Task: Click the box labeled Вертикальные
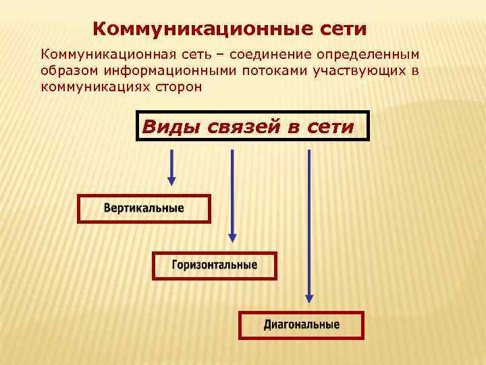pyautogui.click(x=144, y=208)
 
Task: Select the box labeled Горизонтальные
pyautogui.click(x=214, y=265)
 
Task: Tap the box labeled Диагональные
pyautogui.click(x=301, y=324)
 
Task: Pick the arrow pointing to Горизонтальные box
pyautogui.click(x=232, y=195)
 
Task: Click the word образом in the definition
pyautogui.click(x=65, y=70)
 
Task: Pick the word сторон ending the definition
pyautogui.click(x=177, y=87)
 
